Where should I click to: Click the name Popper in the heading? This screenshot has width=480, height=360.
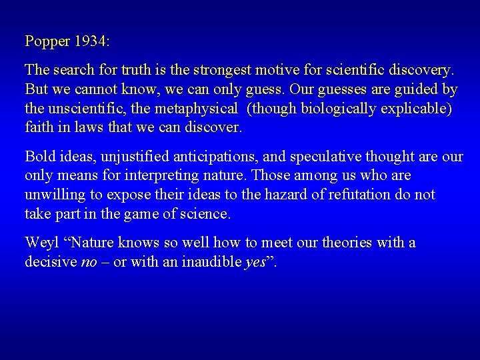point(47,41)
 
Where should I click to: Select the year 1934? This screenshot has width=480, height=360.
point(91,41)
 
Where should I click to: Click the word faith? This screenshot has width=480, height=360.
point(39,127)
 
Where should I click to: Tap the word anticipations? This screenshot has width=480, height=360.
point(213,157)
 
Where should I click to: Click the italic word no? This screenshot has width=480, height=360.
point(89,262)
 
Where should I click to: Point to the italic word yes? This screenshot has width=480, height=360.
point(255,262)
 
